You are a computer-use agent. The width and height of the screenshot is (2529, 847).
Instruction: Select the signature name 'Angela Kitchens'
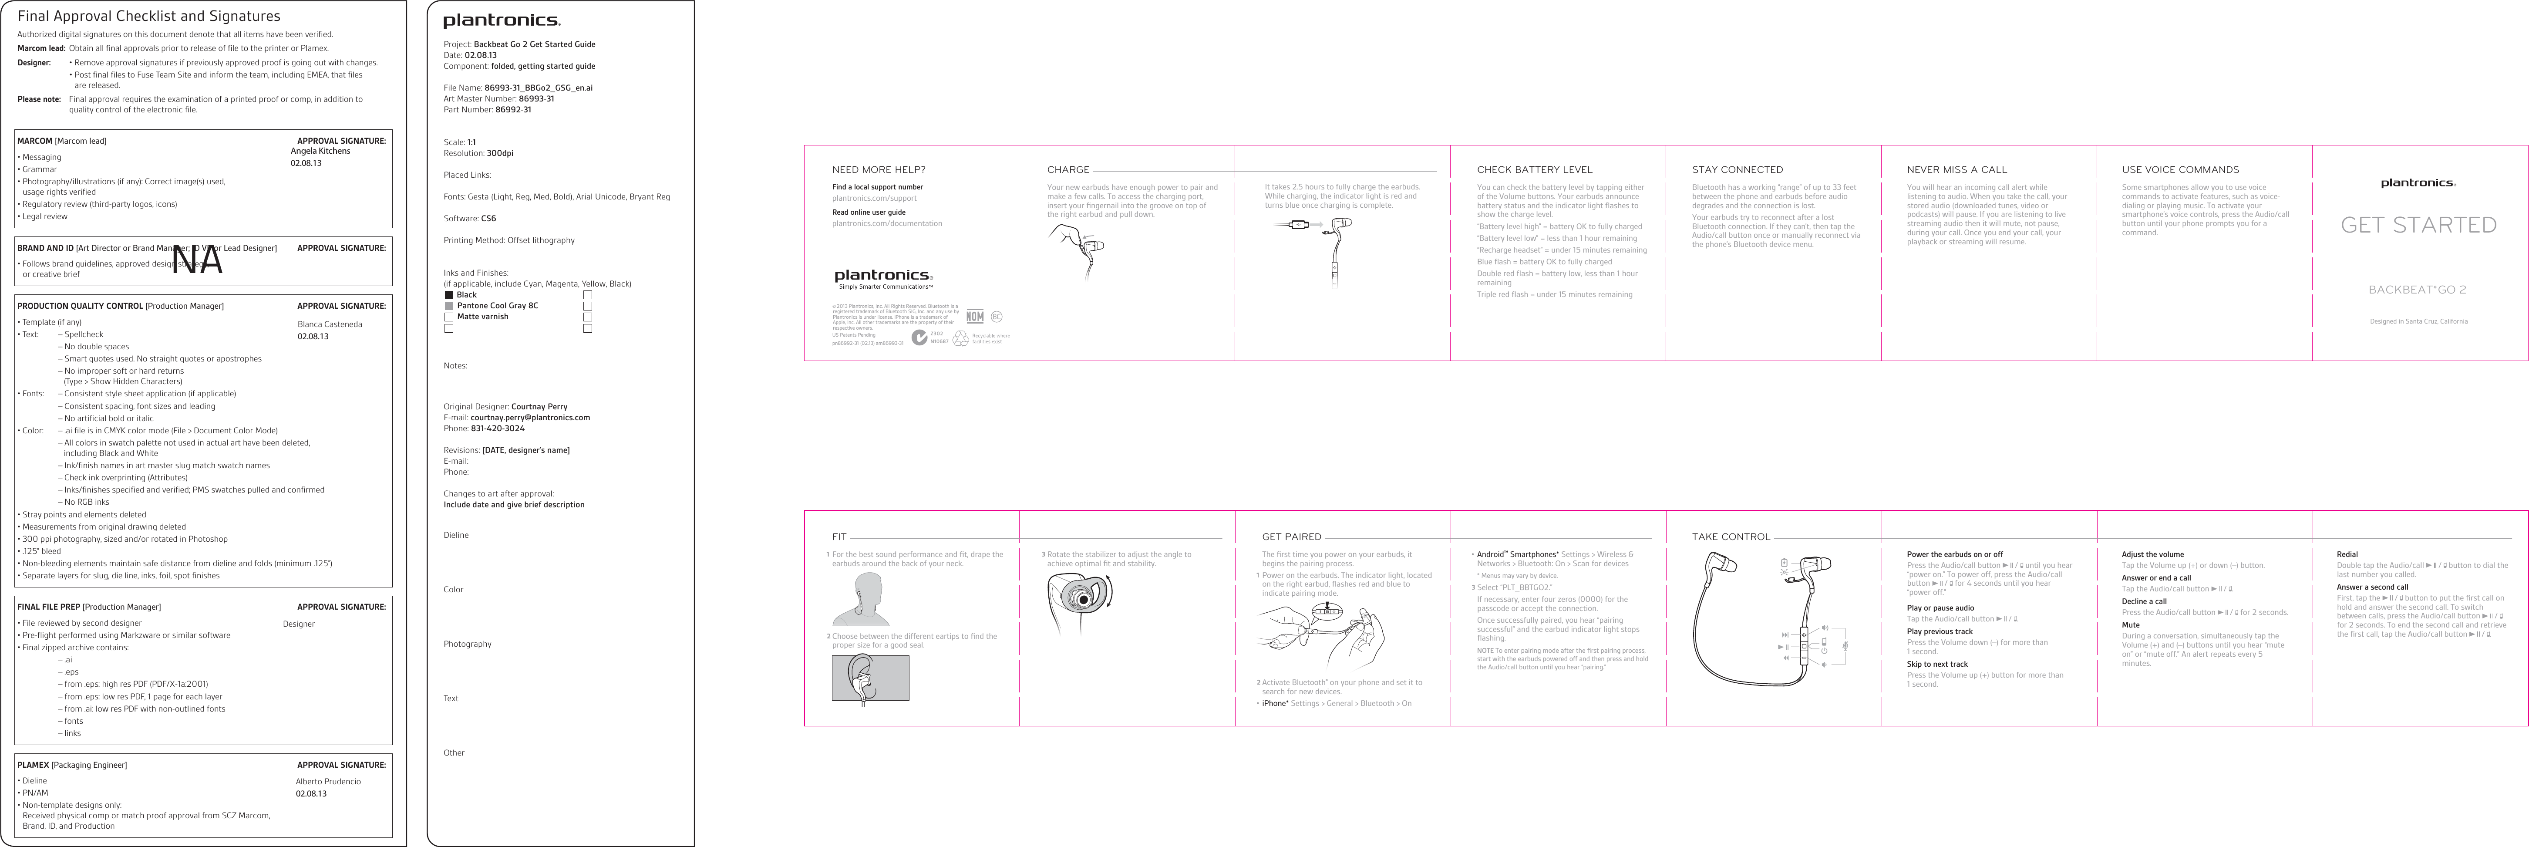tap(320, 151)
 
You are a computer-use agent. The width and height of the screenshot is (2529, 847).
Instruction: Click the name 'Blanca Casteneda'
tap(329, 324)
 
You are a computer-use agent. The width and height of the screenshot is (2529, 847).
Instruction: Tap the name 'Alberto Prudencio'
tap(328, 781)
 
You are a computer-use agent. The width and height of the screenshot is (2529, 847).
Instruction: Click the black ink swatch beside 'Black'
tap(449, 294)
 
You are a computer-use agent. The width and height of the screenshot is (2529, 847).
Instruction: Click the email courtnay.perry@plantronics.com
tap(530, 417)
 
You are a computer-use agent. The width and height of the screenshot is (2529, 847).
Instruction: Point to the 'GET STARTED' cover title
tap(2418, 225)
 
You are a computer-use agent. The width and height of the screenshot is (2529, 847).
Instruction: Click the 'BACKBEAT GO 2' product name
tap(2417, 290)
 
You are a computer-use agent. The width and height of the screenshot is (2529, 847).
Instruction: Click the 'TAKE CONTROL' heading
tap(1731, 537)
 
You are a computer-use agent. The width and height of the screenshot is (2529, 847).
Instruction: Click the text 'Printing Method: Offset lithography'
tap(508, 240)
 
